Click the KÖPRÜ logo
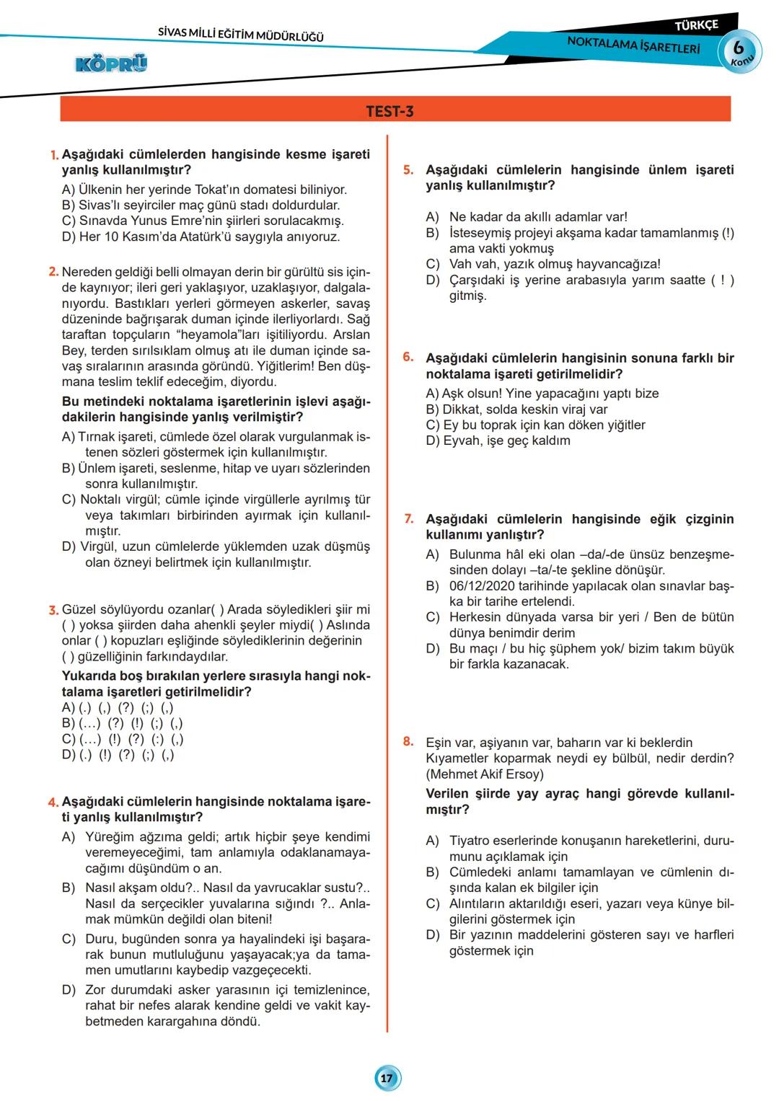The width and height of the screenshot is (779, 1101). tap(111, 64)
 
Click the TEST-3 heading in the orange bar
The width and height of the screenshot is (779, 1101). tap(389, 111)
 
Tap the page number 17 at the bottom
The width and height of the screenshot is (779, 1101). tap(387, 1078)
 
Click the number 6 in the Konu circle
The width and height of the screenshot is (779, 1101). tap(738, 48)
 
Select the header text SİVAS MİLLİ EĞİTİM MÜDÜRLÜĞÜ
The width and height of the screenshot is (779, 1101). tap(241, 35)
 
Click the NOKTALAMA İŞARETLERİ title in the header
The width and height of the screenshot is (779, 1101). tap(633, 45)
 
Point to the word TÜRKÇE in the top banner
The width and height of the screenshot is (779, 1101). tap(696, 25)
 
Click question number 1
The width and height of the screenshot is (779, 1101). tap(54, 155)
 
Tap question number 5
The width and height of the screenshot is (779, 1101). tap(408, 170)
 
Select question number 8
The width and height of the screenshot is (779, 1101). tap(408, 742)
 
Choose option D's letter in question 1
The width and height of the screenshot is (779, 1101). tap(69, 237)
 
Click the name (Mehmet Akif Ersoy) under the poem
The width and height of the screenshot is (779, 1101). tap(485, 774)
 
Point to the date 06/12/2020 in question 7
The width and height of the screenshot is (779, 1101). tap(480, 586)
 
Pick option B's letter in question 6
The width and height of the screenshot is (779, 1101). tap(432, 410)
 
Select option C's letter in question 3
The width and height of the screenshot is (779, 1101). tap(69, 739)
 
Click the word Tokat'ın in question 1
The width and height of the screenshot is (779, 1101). tap(218, 190)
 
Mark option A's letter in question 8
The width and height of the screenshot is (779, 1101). tap(432, 841)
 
